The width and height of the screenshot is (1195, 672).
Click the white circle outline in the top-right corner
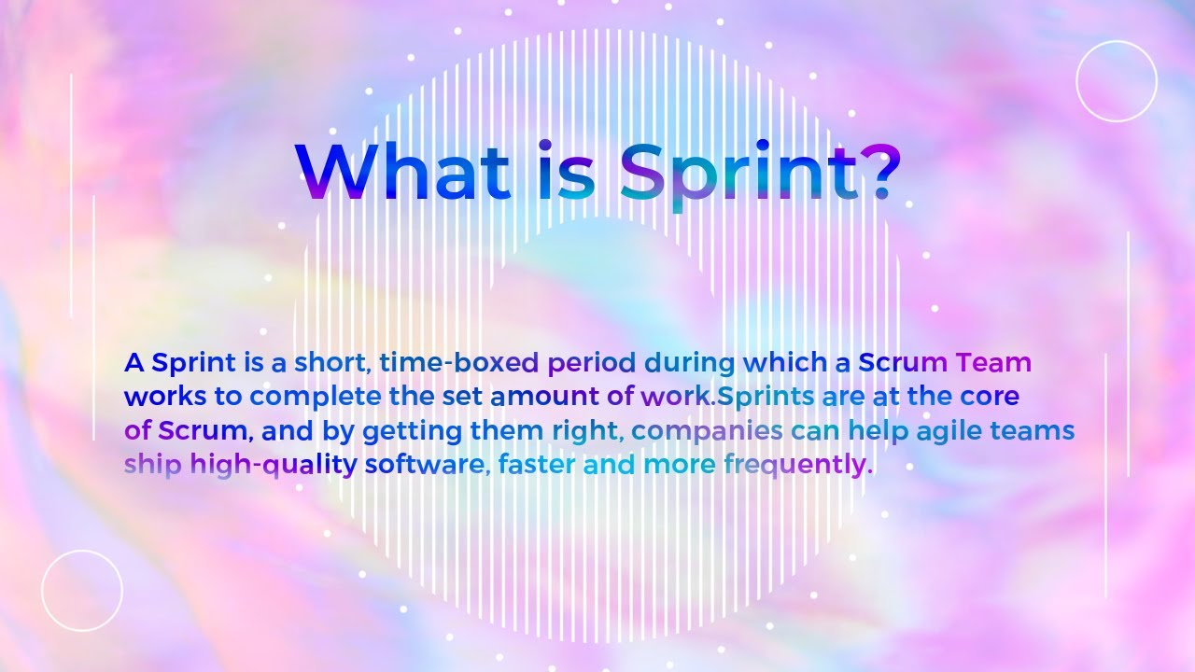(1117, 81)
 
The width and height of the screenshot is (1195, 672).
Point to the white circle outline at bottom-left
(82, 591)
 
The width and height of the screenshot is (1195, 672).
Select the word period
(592, 363)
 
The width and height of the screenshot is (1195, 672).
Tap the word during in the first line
(692, 362)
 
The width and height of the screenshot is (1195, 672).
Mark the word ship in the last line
(153, 465)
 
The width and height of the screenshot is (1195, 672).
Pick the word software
(426, 465)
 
